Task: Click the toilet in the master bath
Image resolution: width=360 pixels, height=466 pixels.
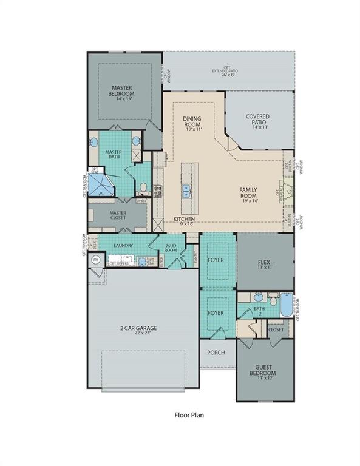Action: [x=143, y=187]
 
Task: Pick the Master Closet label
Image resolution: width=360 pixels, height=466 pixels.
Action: [x=118, y=215]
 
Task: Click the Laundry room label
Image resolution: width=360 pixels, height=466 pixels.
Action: [x=122, y=246]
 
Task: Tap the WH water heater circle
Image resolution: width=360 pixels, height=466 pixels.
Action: [x=95, y=260]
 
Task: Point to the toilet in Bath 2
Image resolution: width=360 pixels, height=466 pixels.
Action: [x=272, y=298]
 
